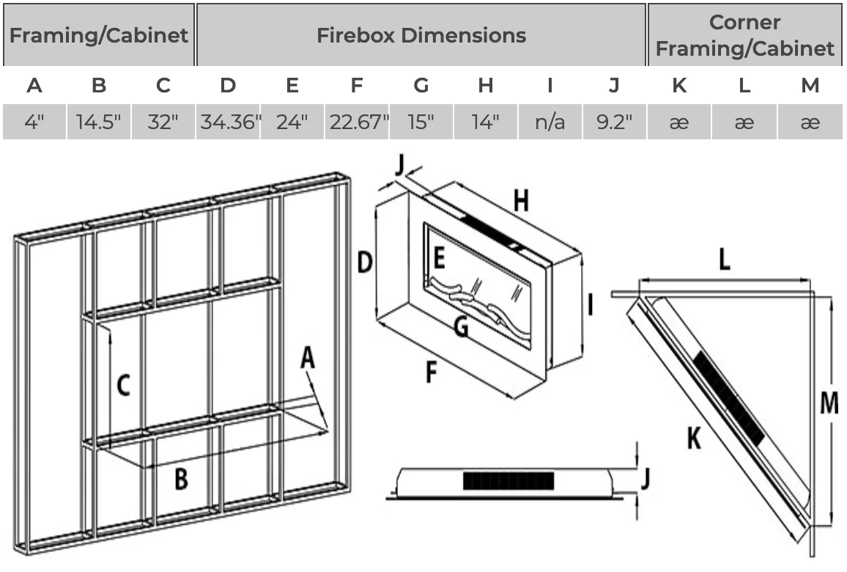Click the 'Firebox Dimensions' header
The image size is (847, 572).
[421, 35]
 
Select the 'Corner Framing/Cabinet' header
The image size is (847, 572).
[744, 35]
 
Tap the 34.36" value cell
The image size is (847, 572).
[229, 122]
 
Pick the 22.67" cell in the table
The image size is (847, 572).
[358, 122]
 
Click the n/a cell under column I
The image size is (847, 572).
[550, 122]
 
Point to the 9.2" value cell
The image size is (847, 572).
[614, 122]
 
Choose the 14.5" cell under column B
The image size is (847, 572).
[99, 122]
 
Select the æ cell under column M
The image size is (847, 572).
[810, 122]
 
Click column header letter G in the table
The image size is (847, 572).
[421, 86]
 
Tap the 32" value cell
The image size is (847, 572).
[163, 122]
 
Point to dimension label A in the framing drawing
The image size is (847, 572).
[308, 359]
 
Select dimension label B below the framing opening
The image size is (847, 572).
[181, 480]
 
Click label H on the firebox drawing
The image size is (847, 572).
[520, 199]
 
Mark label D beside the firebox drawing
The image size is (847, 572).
[364, 262]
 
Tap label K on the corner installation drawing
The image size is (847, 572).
[693, 439]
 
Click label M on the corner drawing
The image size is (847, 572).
[829, 403]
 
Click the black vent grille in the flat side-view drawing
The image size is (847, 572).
[508, 481]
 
